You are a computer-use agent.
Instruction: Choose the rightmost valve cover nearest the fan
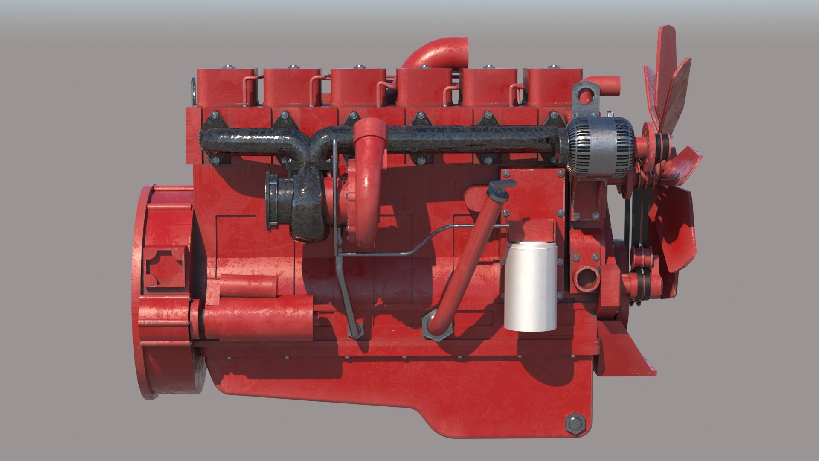pos(550,88)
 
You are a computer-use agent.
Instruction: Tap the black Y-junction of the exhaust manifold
pos(318,145)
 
